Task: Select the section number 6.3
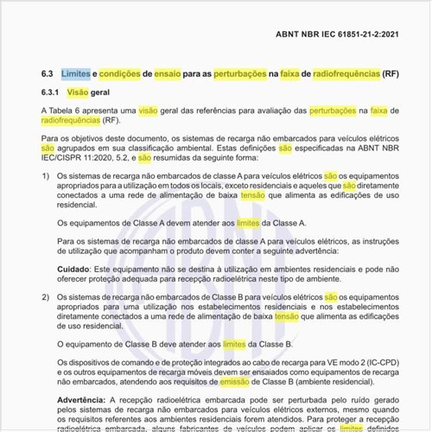click(x=48, y=75)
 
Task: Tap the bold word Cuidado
click(x=75, y=269)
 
